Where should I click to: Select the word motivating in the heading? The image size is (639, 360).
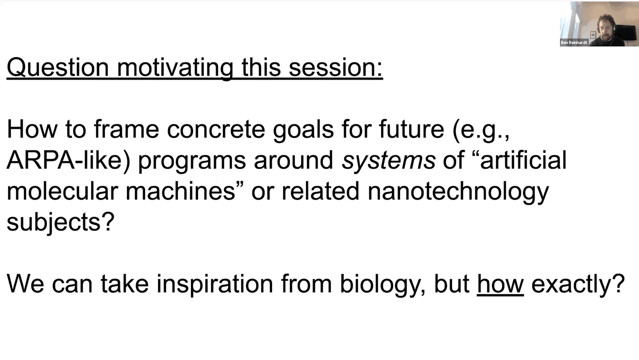(x=175, y=67)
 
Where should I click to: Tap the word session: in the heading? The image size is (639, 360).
(x=335, y=67)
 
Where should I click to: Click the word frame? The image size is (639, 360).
(x=126, y=129)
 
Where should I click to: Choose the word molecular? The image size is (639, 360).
(x=62, y=191)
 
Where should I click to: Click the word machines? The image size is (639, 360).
(x=180, y=191)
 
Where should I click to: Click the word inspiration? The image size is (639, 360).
(x=215, y=284)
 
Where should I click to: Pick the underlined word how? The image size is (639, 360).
(x=500, y=284)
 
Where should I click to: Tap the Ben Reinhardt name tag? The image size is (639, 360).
(x=573, y=42)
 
